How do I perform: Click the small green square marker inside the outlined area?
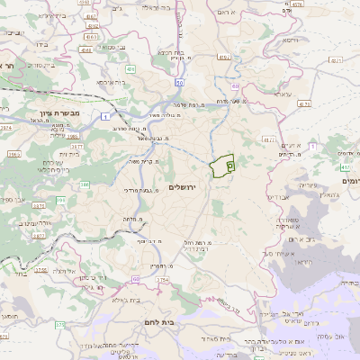point(229,166)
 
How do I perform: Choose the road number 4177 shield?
point(76,144)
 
